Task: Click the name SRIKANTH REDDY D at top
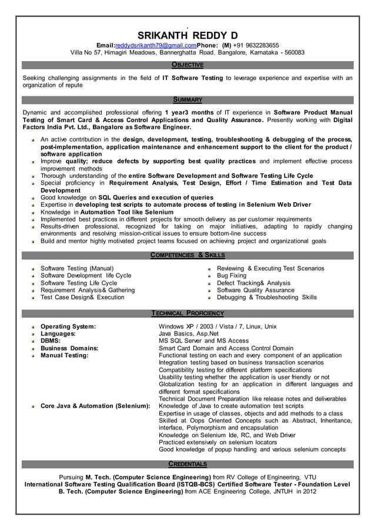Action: (187, 35)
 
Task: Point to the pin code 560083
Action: (293, 53)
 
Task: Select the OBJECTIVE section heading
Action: (187, 65)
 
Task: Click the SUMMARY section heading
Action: (187, 100)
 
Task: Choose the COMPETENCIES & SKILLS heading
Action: (187, 255)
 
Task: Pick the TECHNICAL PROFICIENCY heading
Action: (187, 313)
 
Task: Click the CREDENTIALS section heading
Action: (187, 464)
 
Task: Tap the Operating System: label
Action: (68, 326)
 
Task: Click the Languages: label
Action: (58, 334)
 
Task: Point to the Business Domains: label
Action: (69, 348)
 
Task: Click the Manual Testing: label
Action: (64, 355)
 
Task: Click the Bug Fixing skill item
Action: (232, 276)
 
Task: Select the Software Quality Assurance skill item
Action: (256, 290)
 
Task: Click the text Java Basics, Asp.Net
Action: (189, 334)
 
